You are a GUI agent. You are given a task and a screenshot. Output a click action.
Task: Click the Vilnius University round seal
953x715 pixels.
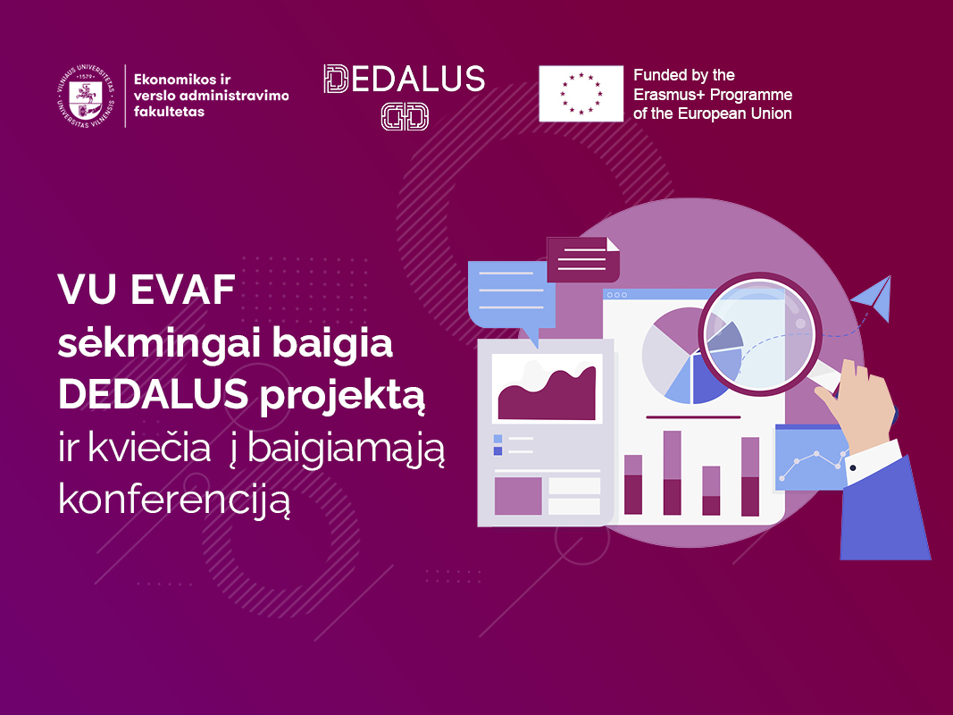(85, 96)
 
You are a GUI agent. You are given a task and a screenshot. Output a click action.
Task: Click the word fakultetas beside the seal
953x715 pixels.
(169, 111)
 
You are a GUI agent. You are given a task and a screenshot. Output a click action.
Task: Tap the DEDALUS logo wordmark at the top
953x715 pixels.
(405, 79)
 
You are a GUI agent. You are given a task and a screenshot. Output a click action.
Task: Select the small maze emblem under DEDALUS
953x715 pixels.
(405, 116)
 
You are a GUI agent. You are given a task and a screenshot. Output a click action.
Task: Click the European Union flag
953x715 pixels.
(581, 94)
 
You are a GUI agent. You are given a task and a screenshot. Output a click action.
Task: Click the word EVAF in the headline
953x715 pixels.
(182, 290)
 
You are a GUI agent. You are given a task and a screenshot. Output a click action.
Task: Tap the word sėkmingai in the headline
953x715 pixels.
(159, 344)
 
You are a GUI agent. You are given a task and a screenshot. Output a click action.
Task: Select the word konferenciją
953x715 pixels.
(174, 501)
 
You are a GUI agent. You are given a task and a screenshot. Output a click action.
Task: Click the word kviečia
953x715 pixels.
(149, 449)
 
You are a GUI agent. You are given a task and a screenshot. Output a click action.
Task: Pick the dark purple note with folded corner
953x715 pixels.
(583, 259)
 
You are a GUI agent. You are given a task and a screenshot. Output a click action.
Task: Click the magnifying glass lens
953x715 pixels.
(760, 334)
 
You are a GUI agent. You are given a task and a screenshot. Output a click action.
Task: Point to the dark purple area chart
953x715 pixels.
(547, 394)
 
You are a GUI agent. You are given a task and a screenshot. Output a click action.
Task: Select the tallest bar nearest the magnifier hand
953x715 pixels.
(750, 476)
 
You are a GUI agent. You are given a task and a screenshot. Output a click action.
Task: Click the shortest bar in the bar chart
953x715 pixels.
(711, 491)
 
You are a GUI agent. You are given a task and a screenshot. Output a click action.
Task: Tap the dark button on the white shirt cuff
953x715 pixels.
(853, 467)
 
